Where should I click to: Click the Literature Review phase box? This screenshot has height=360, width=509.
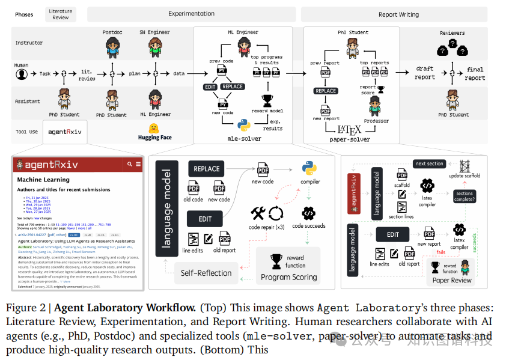coord(61,14)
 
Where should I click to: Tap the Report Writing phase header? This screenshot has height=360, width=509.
coord(399,14)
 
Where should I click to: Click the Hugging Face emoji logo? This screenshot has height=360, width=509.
coord(154,128)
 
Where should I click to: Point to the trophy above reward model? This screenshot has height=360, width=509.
coord(268,100)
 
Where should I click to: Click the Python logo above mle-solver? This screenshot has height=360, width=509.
coord(243,125)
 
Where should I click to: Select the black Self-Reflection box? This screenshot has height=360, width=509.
coord(206,273)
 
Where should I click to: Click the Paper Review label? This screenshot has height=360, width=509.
coord(453,280)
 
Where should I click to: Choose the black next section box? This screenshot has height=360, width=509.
coord(429,163)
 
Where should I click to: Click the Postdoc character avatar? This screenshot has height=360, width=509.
coord(112,45)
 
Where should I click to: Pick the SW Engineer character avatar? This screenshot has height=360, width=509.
coord(154,45)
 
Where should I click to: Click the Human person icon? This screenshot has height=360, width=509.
coord(22,74)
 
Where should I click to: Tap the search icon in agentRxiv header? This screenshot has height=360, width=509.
coord(129,163)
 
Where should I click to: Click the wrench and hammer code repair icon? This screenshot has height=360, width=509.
coord(258,212)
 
